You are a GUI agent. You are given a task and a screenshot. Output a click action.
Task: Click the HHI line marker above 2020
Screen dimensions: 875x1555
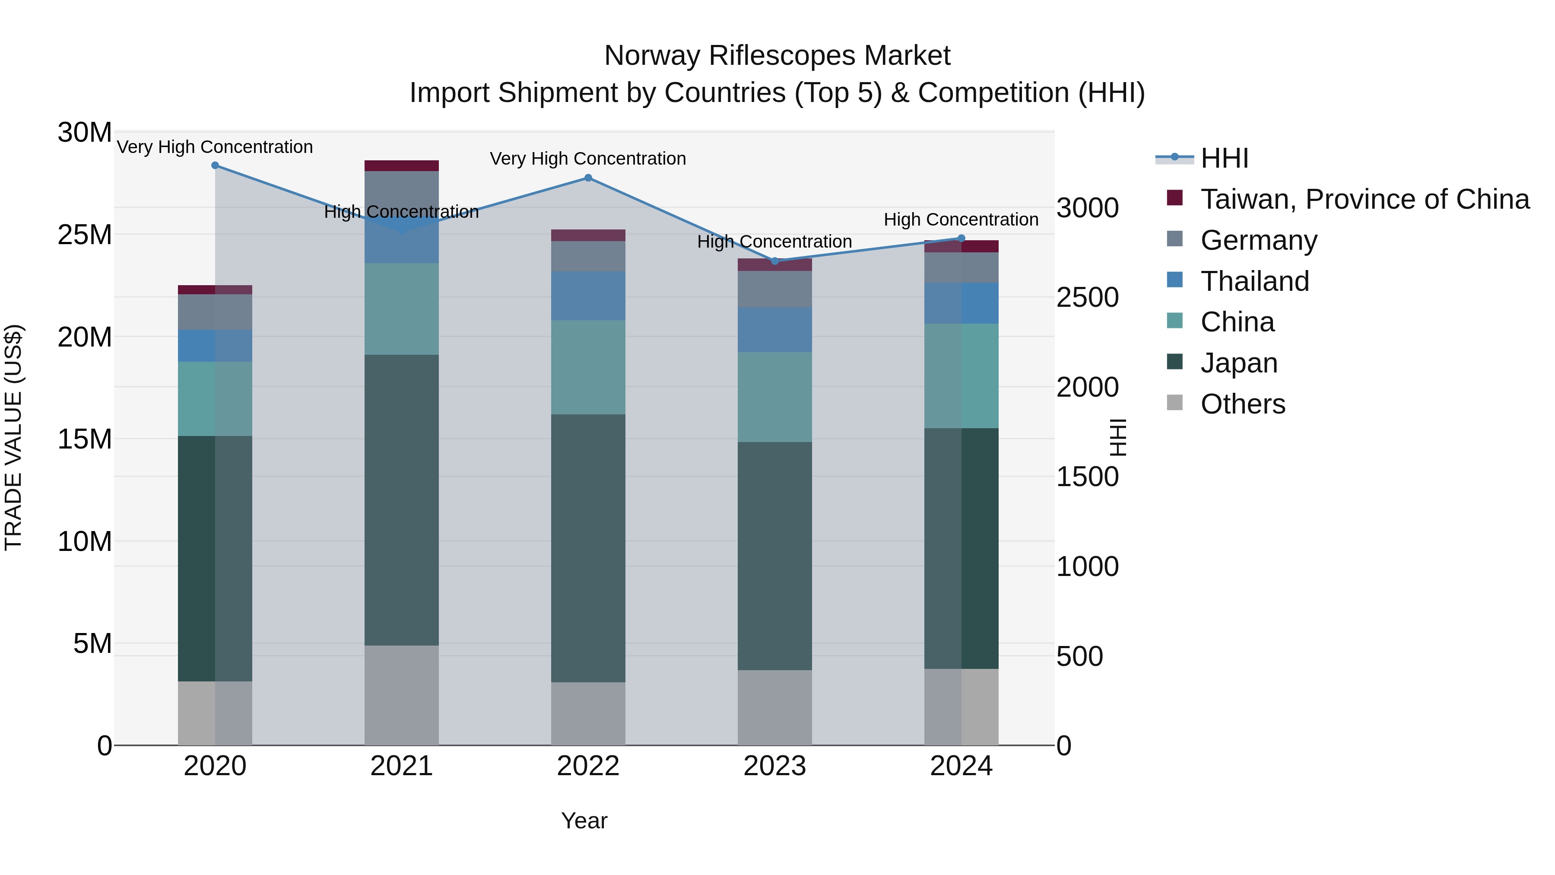(x=215, y=165)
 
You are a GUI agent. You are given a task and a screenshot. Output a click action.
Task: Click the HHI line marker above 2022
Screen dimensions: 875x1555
(x=588, y=178)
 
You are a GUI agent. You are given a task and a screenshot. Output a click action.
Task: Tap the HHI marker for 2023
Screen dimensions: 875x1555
(x=775, y=261)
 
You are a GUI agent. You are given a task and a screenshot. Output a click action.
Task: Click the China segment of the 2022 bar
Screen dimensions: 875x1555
(x=588, y=367)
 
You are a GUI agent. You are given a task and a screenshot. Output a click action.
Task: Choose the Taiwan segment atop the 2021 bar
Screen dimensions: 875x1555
(x=401, y=166)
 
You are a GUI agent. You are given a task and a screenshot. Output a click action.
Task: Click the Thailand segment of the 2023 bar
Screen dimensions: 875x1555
(x=774, y=330)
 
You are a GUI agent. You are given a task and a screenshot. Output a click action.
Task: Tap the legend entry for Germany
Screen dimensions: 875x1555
(x=1259, y=240)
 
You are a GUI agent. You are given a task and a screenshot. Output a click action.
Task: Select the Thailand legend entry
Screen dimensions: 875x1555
(x=1254, y=281)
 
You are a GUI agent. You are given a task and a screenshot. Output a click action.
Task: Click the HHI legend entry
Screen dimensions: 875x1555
(x=1224, y=158)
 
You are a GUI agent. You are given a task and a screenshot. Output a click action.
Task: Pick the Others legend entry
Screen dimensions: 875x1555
(x=1242, y=404)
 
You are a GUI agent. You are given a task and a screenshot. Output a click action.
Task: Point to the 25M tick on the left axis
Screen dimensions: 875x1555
(x=85, y=234)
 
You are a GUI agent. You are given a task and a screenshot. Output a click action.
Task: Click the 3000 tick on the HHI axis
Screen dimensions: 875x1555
(x=1087, y=208)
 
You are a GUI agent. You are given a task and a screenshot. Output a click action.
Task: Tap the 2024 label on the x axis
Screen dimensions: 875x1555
(x=961, y=766)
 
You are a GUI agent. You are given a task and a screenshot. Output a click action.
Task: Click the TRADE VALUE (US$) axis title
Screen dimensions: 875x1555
(x=13, y=437)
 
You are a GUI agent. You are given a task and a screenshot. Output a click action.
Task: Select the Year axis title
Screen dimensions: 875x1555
(x=584, y=821)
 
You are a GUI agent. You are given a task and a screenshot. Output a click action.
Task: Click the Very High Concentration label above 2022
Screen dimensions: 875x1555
(x=588, y=159)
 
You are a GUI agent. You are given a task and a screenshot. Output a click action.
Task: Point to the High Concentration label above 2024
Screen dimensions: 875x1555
(x=961, y=220)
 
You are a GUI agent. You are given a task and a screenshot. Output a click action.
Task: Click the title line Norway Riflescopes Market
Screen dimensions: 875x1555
(x=777, y=56)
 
